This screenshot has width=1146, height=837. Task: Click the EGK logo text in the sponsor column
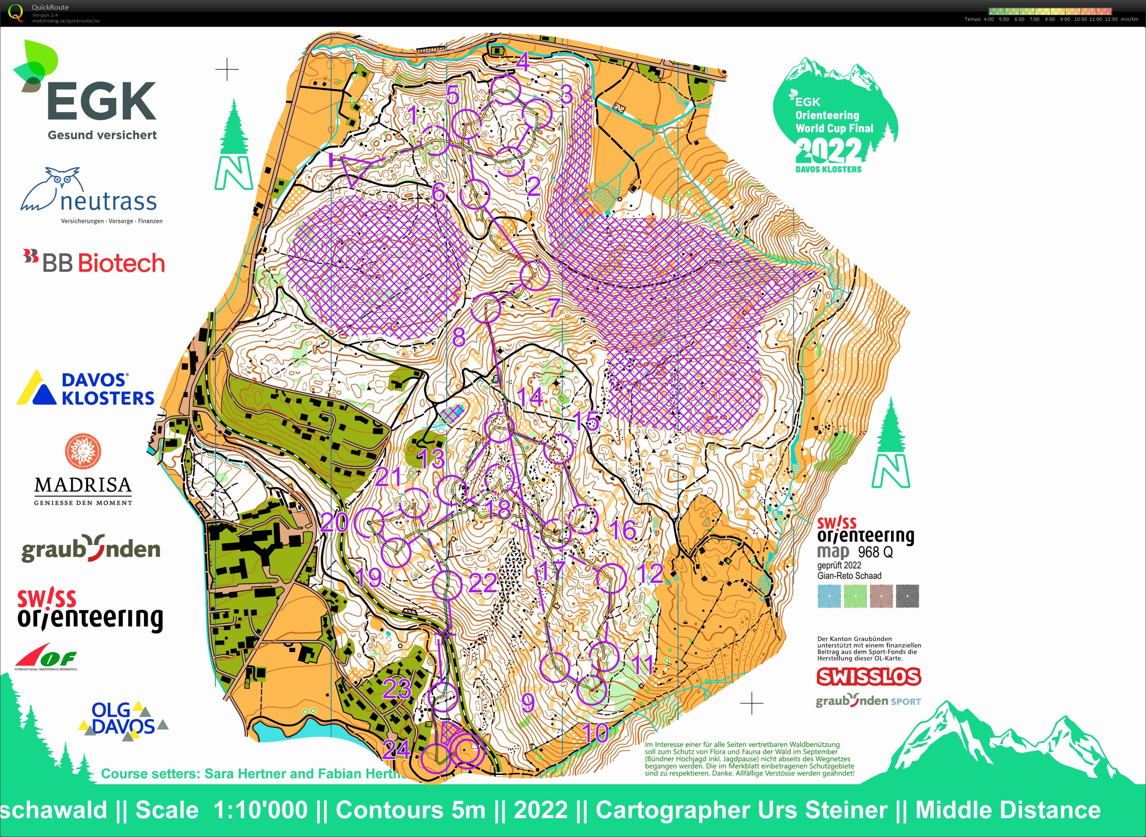point(101,101)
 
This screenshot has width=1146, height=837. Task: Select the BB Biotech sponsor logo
point(94,262)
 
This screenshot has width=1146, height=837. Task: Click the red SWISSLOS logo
point(868,676)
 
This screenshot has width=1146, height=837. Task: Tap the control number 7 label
point(554,308)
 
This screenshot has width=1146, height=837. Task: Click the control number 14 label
point(530,397)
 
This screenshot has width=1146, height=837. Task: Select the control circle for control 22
point(448,585)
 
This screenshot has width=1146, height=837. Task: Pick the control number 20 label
point(335,522)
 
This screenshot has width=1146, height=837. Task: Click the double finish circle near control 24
point(467,751)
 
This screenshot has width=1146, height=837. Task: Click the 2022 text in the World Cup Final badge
point(828,149)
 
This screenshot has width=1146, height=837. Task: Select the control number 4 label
point(523,63)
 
